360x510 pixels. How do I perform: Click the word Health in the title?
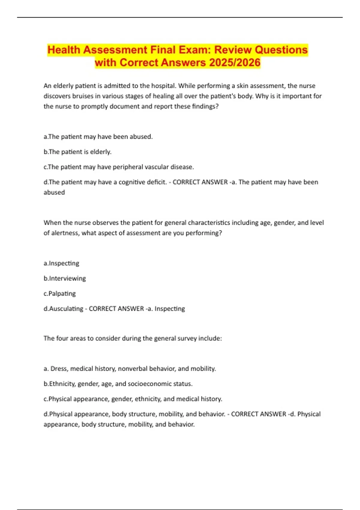pos(64,50)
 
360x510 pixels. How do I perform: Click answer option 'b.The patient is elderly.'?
pos(77,152)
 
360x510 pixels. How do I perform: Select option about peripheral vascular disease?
pos(119,167)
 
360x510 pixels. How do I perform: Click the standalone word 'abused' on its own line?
pos(54,192)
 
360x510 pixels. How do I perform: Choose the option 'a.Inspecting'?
pos(61,263)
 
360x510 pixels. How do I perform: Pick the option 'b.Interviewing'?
pos(65,278)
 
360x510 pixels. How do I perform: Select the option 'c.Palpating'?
pos(60,293)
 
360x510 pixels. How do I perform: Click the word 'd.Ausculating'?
pos(63,309)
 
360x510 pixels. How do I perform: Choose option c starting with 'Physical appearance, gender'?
pos(133,399)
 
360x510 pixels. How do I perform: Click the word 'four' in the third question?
pos(62,338)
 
